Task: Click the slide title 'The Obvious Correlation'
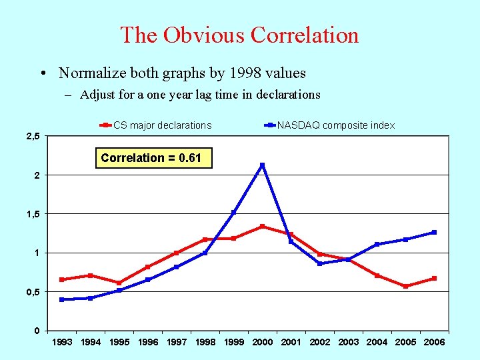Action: (x=239, y=35)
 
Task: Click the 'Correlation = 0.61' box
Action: (x=153, y=158)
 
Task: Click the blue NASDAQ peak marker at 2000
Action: (x=262, y=165)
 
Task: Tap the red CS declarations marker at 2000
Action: (x=262, y=227)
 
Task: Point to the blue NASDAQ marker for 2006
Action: (x=434, y=232)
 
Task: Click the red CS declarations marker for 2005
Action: (x=405, y=286)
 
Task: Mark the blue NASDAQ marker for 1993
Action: (x=62, y=299)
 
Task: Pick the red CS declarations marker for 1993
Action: (x=62, y=279)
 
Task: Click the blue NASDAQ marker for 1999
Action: (x=233, y=213)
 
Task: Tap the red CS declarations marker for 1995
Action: (x=119, y=283)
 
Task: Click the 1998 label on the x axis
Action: (x=205, y=342)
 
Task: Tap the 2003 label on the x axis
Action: (x=348, y=342)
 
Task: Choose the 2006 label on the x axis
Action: (x=434, y=342)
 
